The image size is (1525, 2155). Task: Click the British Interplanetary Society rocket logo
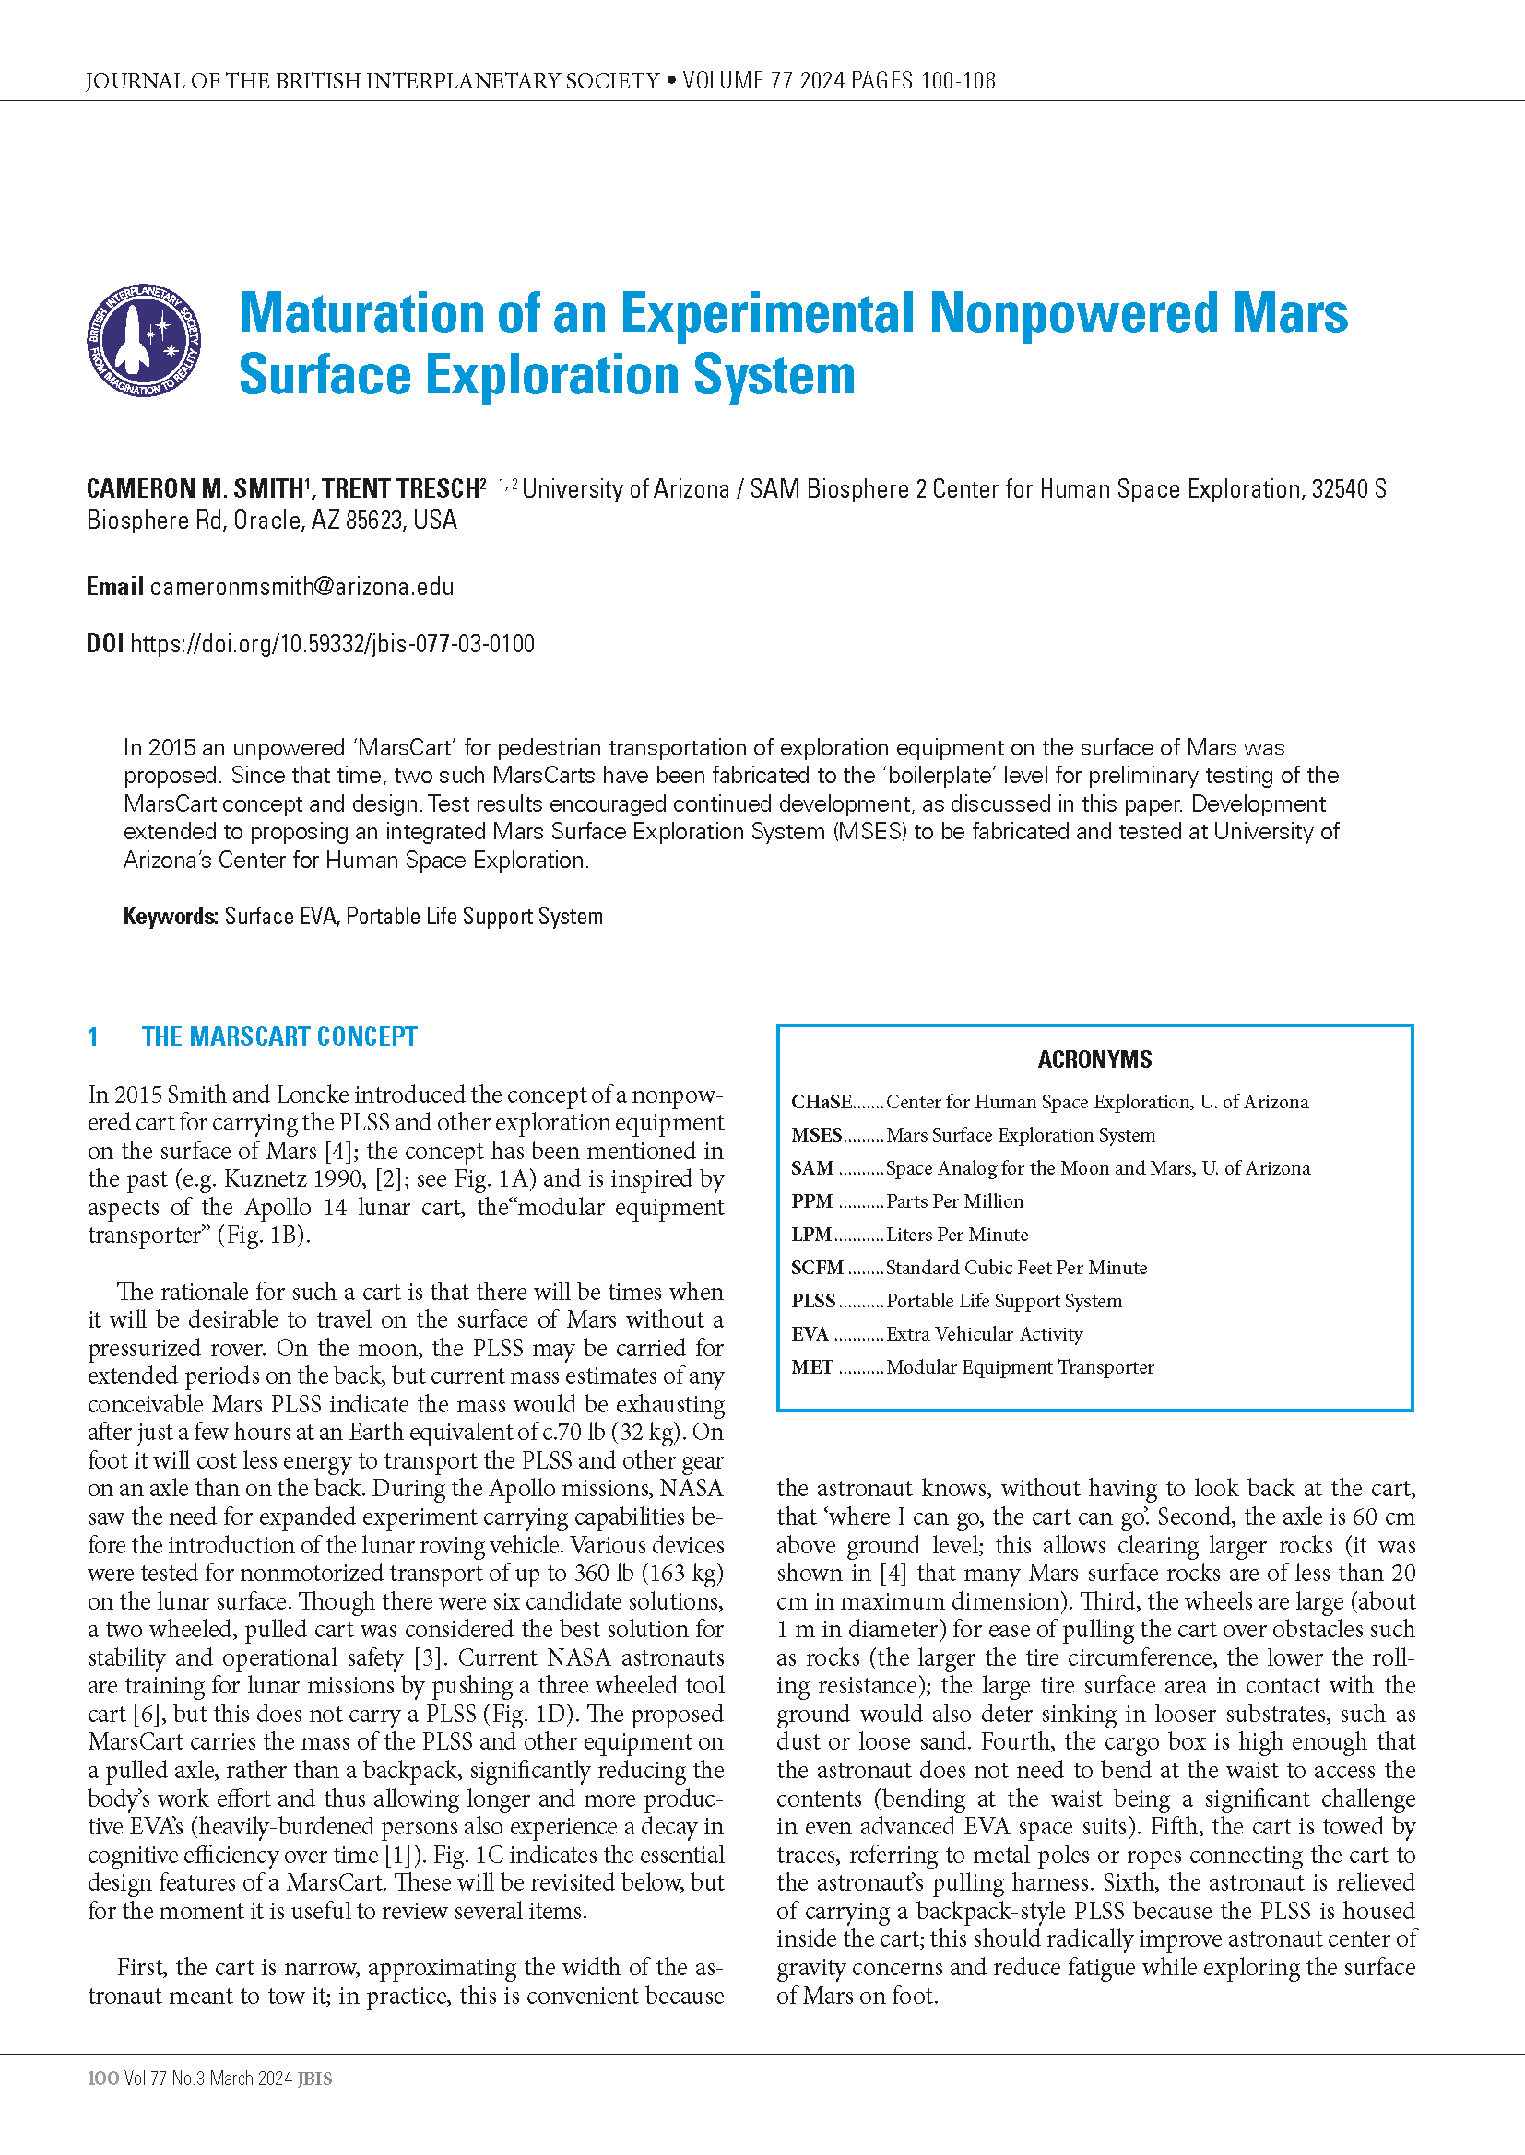pyautogui.click(x=144, y=340)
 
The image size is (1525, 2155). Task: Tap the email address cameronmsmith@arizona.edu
pyautogui.click(x=301, y=587)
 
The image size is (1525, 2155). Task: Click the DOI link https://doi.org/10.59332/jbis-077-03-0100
pyautogui.click(x=333, y=644)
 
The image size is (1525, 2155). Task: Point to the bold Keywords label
pyautogui.click(x=170, y=916)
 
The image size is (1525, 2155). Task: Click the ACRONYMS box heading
pyautogui.click(x=1094, y=1060)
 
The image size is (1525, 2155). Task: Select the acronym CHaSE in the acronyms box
pyautogui.click(x=821, y=1102)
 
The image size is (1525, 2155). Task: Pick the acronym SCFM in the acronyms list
pyautogui.click(x=817, y=1268)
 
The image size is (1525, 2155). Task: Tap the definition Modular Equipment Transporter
pyautogui.click(x=1020, y=1367)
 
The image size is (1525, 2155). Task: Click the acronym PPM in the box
pyautogui.click(x=811, y=1201)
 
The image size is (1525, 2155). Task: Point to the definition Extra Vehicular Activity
pyautogui.click(x=984, y=1334)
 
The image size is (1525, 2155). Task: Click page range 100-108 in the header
pyautogui.click(x=958, y=81)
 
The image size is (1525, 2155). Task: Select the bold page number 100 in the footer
pyautogui.click(x=102, y=2078)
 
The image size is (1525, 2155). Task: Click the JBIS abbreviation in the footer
pyautogui.click(x=314, y=2078)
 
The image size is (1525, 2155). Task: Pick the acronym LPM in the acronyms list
pyautogui.click(x=811, y=1235)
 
